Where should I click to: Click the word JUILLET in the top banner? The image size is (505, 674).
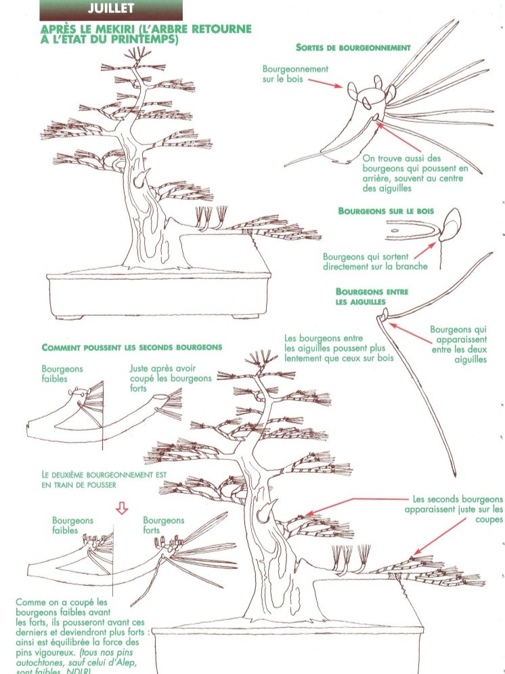pos(111,9)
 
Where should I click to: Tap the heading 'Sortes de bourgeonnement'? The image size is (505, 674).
pos(353,47)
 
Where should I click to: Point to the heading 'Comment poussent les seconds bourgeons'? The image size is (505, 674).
pos(132,347)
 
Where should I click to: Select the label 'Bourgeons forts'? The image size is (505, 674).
pos(163,525)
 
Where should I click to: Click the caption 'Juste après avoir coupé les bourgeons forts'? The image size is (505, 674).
pos(170,379)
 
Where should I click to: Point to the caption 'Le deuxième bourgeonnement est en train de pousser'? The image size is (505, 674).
pos(104,480)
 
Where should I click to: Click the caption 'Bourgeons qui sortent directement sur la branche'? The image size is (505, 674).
pos(375,261)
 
